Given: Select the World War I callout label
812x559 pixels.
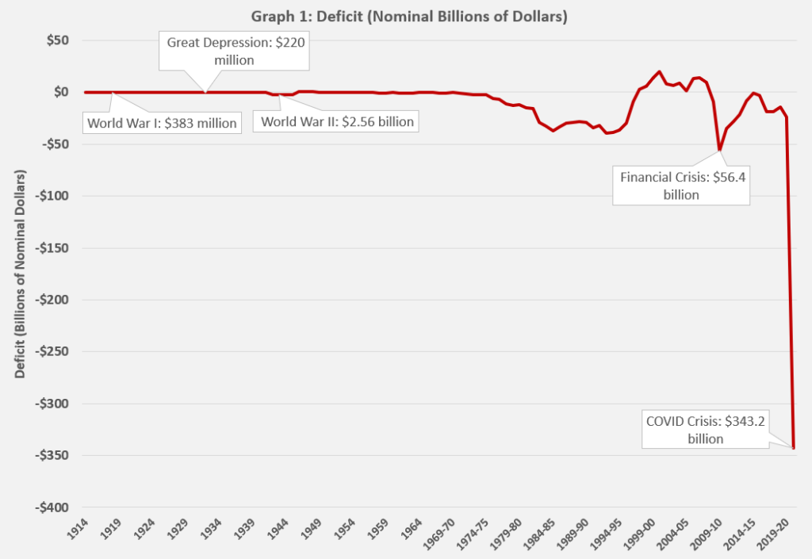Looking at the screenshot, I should pos(163,123).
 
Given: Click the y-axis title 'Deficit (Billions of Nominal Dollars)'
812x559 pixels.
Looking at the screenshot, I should pos(20,274).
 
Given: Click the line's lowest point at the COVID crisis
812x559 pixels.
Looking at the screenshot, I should pos(794,448).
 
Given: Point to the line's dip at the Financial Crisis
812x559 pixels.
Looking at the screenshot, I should pos(719,150).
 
